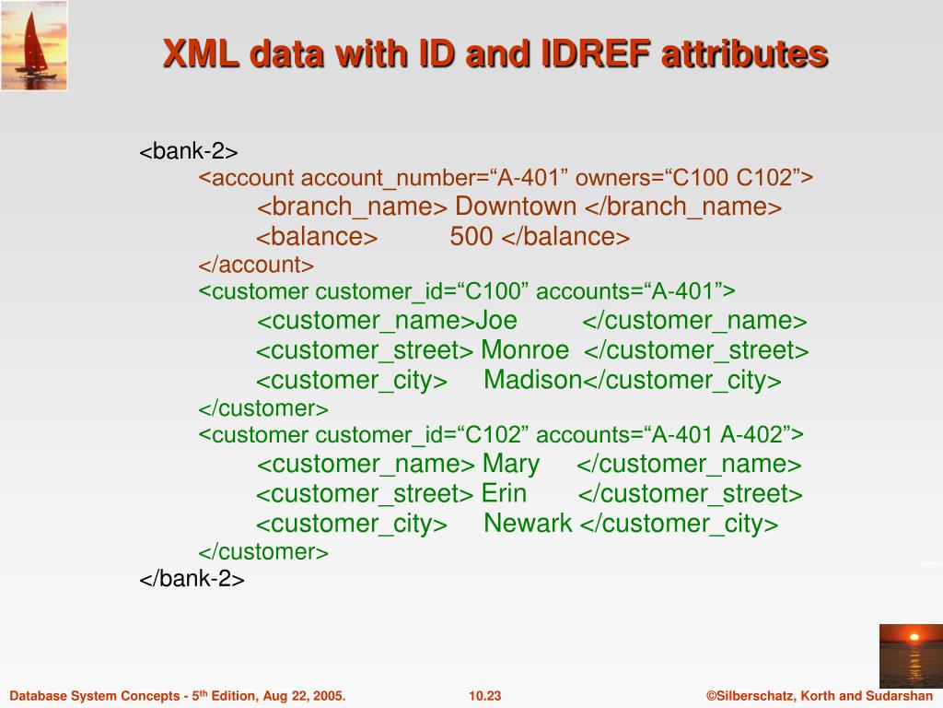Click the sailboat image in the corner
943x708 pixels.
34,45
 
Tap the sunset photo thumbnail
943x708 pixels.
910,655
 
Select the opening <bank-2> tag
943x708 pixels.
189,151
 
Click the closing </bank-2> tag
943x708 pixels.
192,579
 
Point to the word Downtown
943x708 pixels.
516,206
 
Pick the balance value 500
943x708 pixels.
471,237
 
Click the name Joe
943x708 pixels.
495,321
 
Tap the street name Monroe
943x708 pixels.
525,350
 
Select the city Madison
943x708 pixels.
533,380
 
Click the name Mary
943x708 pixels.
511,464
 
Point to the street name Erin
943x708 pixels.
504,493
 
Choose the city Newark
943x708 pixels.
528,524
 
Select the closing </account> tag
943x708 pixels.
256,265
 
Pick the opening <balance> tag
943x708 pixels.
317,237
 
